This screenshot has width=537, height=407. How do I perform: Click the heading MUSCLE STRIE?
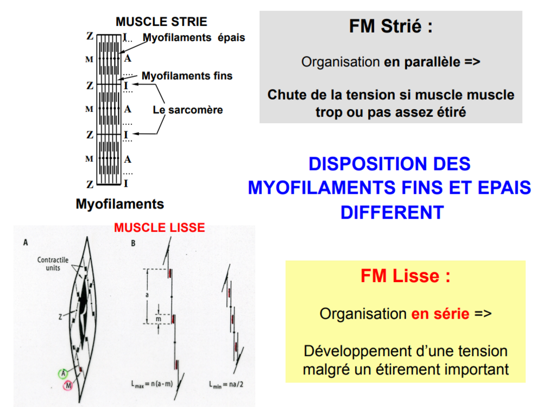161,22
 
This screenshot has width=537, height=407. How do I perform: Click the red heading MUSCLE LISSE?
160,227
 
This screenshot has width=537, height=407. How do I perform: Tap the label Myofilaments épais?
194,38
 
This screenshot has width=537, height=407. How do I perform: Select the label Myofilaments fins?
187,76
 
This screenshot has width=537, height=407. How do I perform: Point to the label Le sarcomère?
188,110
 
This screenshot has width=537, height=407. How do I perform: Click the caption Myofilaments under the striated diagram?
120,204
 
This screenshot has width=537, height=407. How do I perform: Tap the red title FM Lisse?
405,276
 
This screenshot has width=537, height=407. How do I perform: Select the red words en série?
440,314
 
